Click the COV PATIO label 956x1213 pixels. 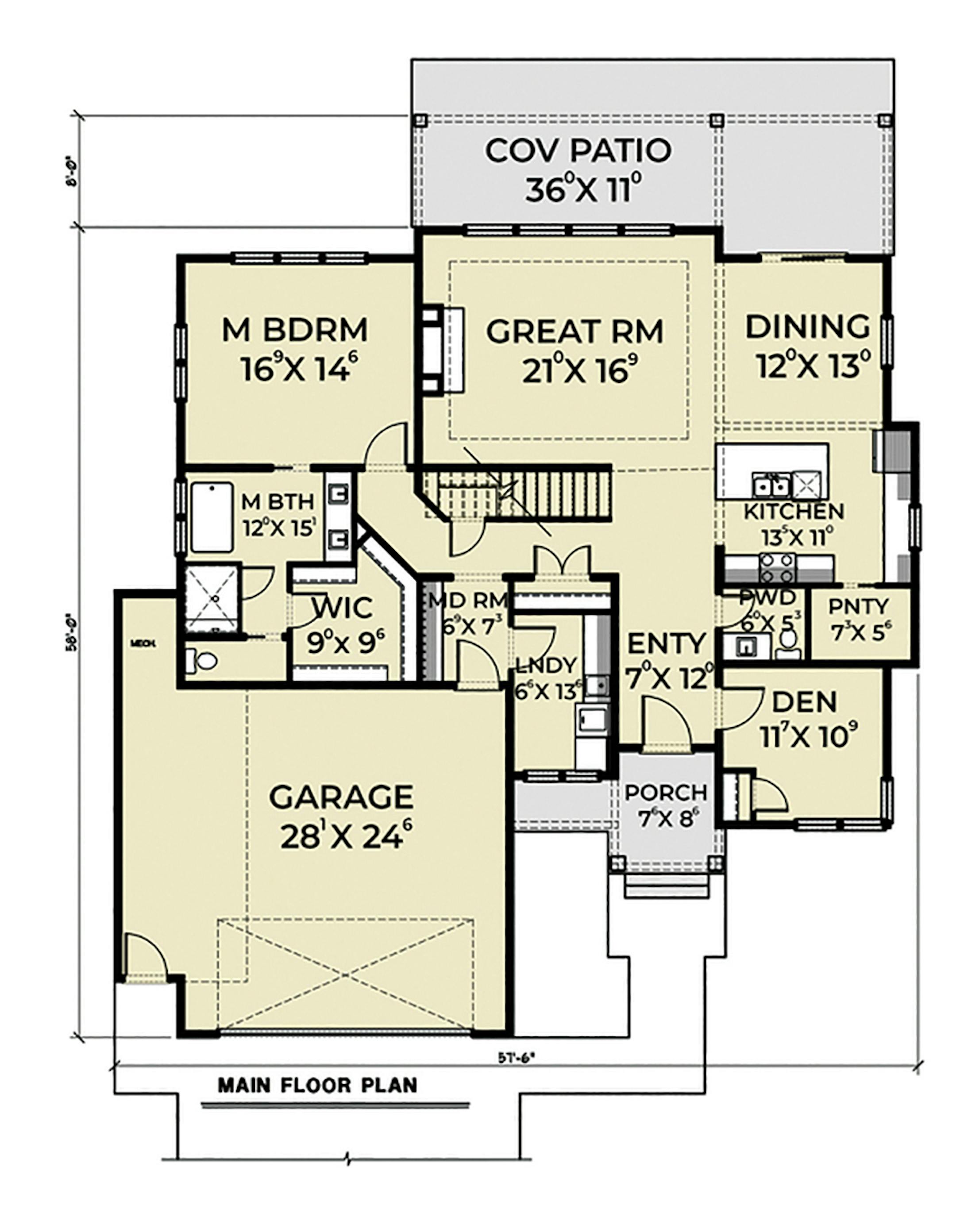click(x=578, y=151)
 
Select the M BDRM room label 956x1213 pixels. click(x=295, y=330)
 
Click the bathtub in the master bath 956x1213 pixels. click(x=212, y=517)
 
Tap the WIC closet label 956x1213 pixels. click(x=343, y=608)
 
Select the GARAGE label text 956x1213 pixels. click(x=341, y=797)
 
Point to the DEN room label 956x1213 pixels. click(x=804, y=701)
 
